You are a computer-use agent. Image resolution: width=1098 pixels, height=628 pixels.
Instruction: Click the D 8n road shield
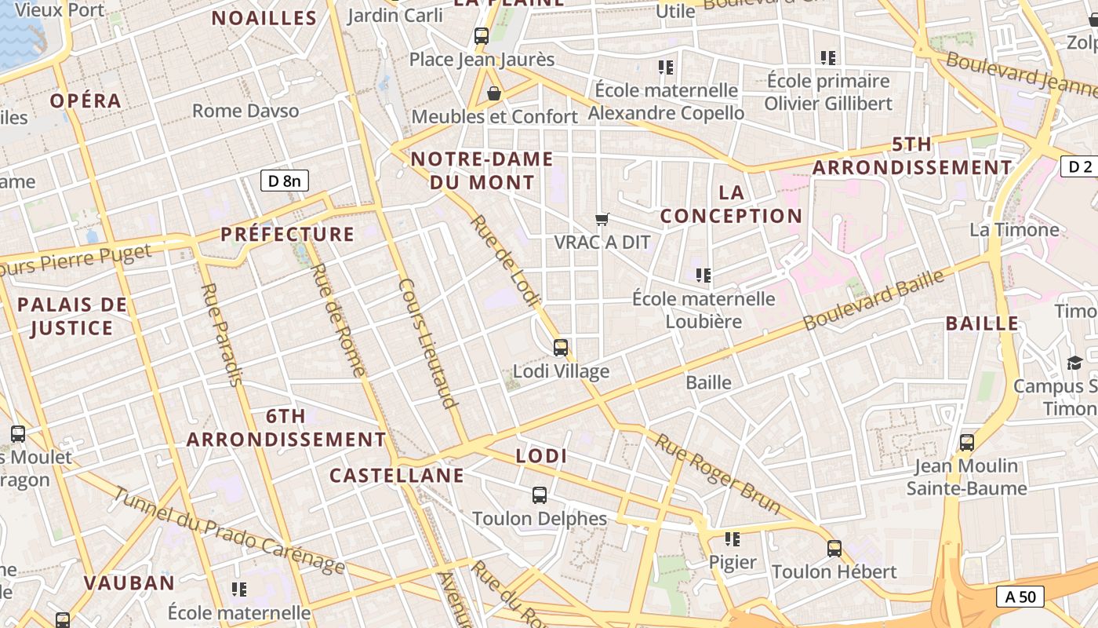point(284,181)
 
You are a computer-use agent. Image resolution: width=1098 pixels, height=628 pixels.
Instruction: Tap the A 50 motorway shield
point(1020,597)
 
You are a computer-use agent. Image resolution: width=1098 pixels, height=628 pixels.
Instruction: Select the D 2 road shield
point(1080,166)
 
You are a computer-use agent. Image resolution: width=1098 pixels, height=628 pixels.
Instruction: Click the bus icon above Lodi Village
point(561,348)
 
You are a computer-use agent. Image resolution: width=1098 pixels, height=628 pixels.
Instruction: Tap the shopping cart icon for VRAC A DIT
point(602,220)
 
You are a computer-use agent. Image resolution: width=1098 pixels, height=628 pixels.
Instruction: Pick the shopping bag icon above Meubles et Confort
point(494,94)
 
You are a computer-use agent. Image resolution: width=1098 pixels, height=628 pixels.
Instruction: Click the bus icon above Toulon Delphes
point(540,495)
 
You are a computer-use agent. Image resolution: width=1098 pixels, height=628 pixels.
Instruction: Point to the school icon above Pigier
point(733,539)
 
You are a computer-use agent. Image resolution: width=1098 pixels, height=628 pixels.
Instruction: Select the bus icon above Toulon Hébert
point(834,548)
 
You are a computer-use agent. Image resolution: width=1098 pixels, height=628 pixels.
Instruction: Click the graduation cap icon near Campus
point(1074,363)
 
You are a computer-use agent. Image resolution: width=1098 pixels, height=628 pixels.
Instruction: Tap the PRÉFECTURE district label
point(287,234)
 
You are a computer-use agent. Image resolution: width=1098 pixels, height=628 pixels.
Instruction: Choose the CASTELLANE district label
point(396,476)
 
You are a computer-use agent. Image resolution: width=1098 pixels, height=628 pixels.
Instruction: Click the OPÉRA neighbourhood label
point(85,100)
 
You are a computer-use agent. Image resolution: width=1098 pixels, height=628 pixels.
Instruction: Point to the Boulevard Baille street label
point(873,298)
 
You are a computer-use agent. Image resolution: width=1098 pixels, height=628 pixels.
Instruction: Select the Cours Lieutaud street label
point(427,343)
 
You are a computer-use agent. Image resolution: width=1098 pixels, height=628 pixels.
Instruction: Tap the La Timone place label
point(1014,230)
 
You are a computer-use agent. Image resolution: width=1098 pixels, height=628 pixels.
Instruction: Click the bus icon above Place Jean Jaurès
point(482,36)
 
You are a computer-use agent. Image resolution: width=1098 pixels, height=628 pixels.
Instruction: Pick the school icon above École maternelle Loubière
point(704,276)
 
